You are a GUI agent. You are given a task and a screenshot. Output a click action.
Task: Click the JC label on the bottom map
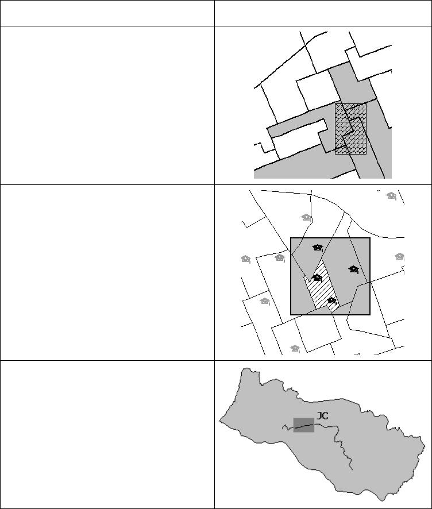322,415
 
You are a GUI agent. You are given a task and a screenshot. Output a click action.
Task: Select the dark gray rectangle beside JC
304,425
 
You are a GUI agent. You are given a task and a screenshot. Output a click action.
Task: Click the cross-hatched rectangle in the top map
351,129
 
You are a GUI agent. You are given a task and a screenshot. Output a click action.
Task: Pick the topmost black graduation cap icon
318,248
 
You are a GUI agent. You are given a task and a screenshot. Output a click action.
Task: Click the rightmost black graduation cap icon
353,269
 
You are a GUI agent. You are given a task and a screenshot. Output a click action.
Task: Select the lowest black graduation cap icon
331,300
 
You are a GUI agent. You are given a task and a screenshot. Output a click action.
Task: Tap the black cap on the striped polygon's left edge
317,278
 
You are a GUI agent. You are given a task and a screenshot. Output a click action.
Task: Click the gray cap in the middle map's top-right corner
391,196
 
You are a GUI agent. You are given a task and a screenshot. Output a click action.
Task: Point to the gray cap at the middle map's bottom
295,349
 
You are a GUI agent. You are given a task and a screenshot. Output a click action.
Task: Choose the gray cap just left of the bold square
280,258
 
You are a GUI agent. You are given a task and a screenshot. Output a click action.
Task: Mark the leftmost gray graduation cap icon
246,259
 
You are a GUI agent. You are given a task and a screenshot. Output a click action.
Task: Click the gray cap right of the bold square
399,257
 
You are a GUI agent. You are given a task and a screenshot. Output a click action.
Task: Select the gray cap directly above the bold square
306,218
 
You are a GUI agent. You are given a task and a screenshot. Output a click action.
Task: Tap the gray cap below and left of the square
265,302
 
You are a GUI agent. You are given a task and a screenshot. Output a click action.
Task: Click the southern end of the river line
353,470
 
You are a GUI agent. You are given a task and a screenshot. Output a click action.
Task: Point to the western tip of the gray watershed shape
219,421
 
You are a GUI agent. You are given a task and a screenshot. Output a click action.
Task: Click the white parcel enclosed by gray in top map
299,140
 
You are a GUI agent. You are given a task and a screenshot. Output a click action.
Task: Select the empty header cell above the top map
323,13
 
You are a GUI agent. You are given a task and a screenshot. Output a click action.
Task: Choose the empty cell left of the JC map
107,434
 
